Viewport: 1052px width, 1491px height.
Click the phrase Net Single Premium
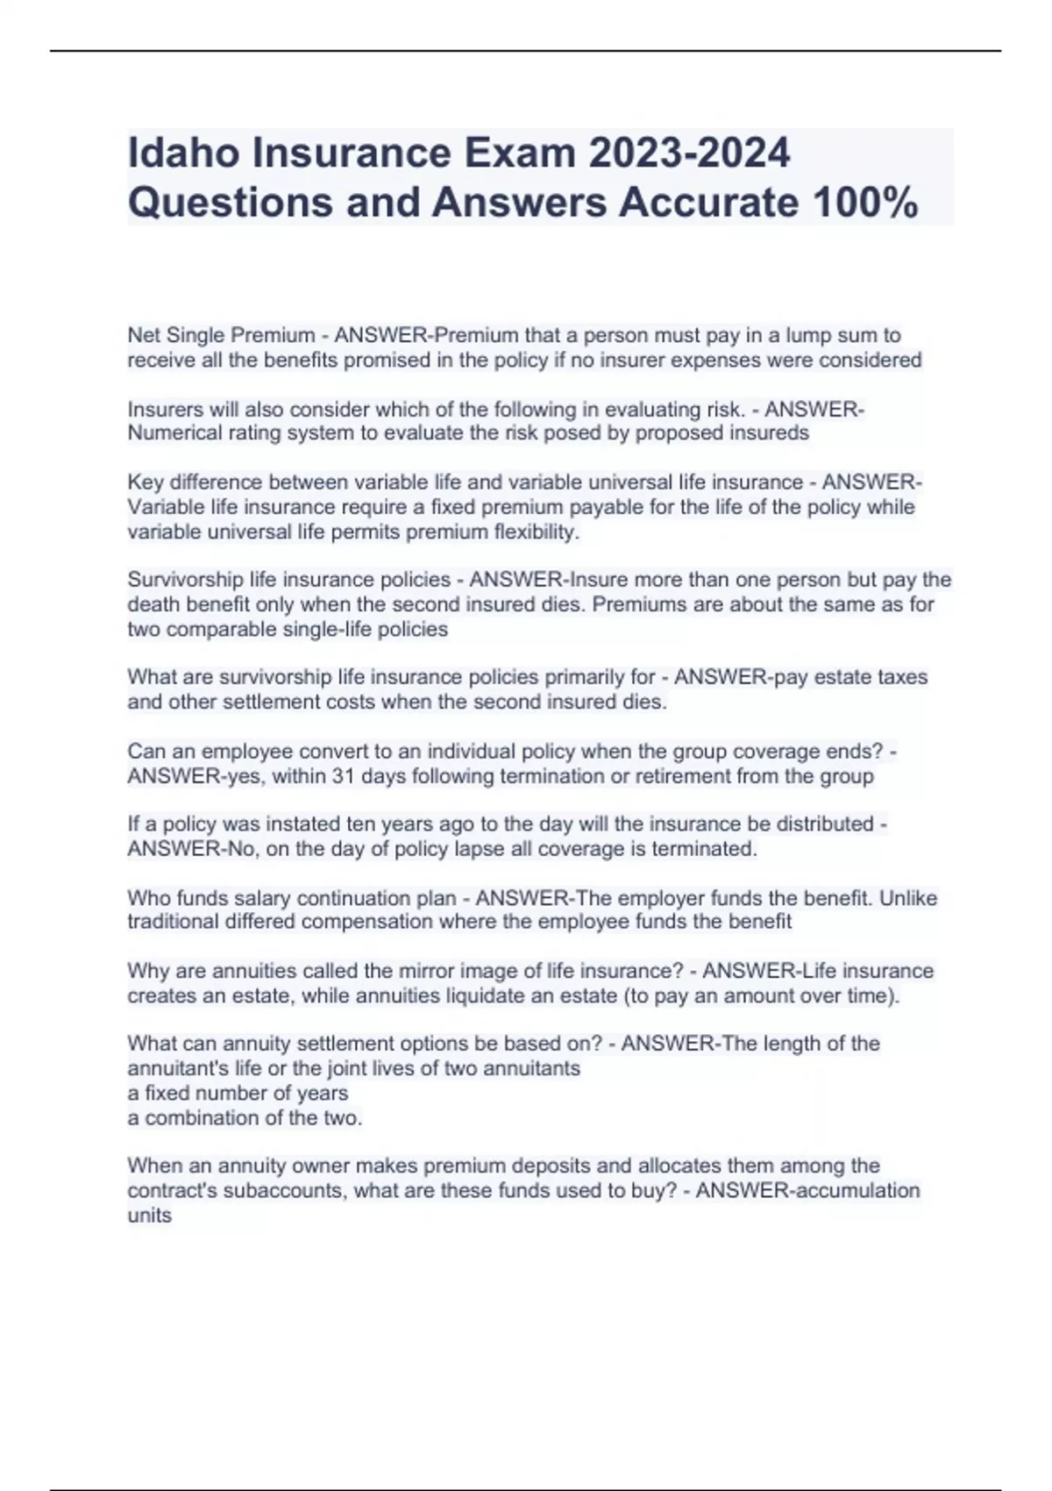tap(221, 335)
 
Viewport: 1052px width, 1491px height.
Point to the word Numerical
tap(172, 433)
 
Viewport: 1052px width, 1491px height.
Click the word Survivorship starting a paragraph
tap(185, 580)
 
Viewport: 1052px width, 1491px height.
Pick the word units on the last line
tap(149, 1216)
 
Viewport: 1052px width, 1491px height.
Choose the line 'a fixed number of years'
tap(238, 1093)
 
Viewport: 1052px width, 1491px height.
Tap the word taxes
tap(902, 677)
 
